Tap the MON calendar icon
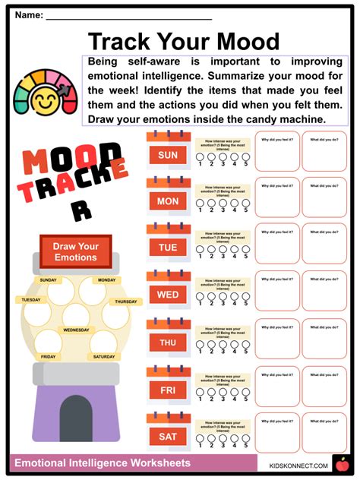pyautogui.click(x=167, y=199)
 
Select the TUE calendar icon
pyautogui.click(x=167, y=245)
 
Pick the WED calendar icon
pyautogui.click(x=167, y=292)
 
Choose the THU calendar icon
pyautogui.click(x=167, y=339)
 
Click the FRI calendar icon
pyautogui.click(x=167, y=386)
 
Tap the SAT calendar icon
pyautogui.click(x=167, y=433)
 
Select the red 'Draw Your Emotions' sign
pyautogui.click(x=75, y=251)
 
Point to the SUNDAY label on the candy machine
pyautogui.click(x=49, y=280)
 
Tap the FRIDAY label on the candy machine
pyautogui.click(x=48, y=356)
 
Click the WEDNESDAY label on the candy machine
pyautogui.click(x=76, y=330)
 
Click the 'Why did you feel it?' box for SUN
pyautogui.click(x=278, y=151)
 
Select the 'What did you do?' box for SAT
pyautogui.click(x=324, y=432)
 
